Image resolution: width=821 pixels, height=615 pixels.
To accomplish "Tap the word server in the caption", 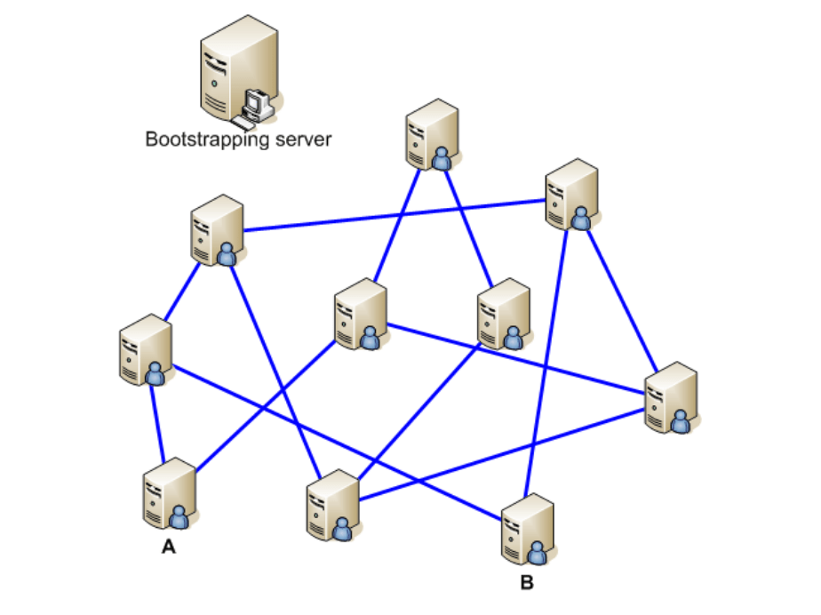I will click(x=301, y=140).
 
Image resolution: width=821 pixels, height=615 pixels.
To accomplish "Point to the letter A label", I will click(x=168, y=548).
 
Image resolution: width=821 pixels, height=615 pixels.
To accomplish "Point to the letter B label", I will click(x=527, y=583).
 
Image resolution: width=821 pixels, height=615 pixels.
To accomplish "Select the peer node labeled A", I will click(x=168, y=493).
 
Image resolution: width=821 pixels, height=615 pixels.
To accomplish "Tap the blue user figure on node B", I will click(x=538, y=553).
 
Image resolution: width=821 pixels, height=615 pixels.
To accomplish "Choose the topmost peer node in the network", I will click(x=432, y=133).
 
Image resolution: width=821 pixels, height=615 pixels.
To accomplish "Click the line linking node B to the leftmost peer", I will click(x=338, y=435).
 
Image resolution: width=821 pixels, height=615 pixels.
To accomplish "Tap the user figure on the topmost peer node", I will click(x=442, y=159).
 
